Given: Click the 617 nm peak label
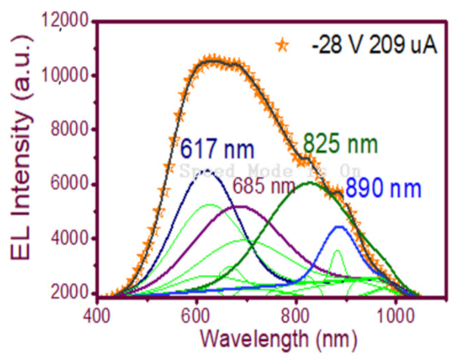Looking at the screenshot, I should click(217, 150).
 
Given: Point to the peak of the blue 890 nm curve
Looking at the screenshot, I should click(339, 226).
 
